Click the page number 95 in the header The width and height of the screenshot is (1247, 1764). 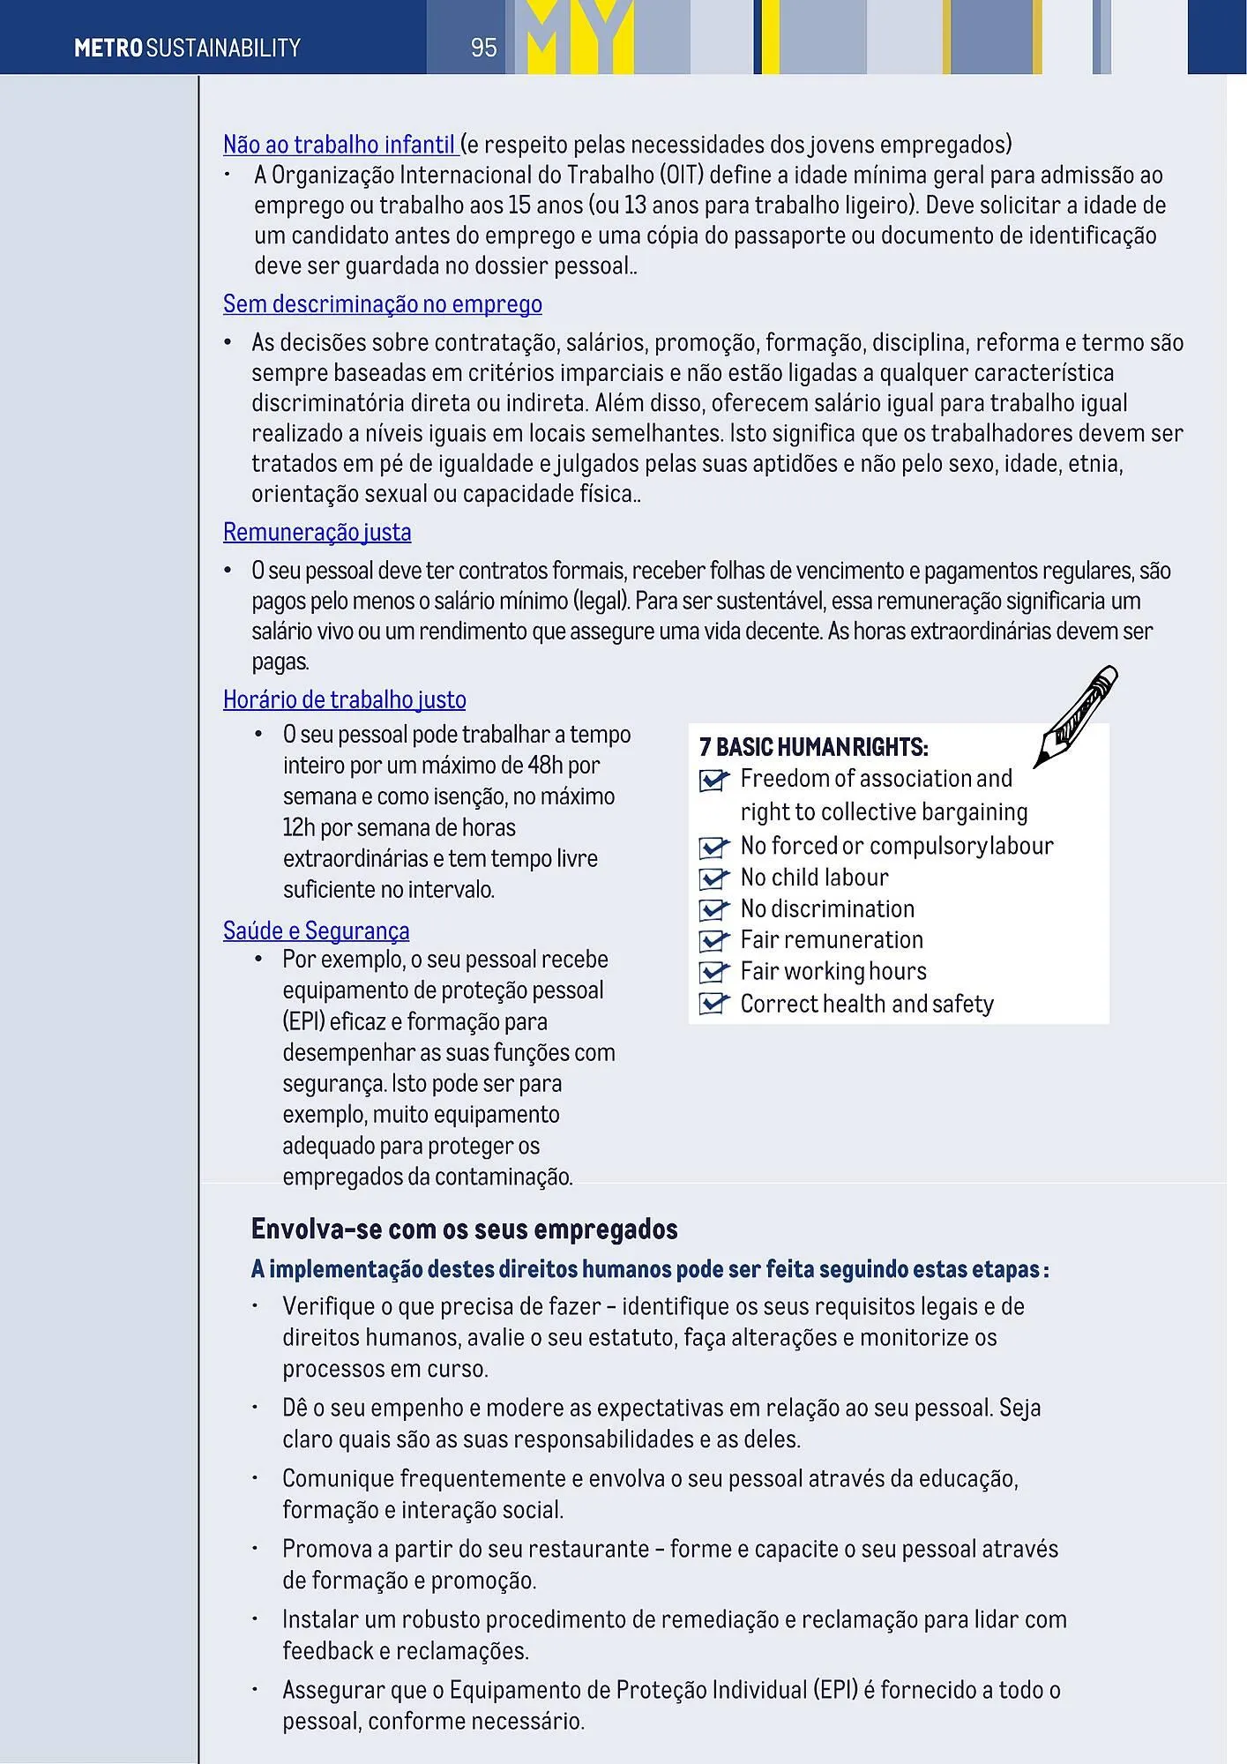[483, 48]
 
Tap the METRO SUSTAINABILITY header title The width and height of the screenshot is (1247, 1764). [187, 48]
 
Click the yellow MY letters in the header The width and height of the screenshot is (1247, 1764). [579, 37]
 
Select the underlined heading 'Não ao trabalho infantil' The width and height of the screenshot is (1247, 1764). [339, 145]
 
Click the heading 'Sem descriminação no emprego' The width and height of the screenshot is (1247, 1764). [382, 304]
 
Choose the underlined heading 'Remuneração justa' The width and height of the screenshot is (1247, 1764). [317, 533]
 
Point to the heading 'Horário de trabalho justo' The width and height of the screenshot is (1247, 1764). [344, 700]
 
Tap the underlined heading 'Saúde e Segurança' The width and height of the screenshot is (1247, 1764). [316, 931]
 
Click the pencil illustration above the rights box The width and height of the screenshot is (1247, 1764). [1076, 715]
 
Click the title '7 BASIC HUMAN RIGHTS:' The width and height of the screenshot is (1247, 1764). [813, 748]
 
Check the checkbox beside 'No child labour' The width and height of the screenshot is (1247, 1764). [713, 878]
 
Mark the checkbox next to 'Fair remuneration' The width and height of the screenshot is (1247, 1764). [713, 941]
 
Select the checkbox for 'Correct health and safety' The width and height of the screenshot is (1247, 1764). [713, 1005]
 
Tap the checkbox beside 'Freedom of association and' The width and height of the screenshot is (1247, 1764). [713, 780]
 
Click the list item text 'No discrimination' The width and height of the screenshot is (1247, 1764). [827, 909]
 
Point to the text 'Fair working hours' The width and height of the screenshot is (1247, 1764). [833, 972]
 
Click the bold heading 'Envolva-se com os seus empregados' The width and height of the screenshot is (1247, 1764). [464, 1230]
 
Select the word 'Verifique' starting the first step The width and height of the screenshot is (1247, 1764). [323, 1306]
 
